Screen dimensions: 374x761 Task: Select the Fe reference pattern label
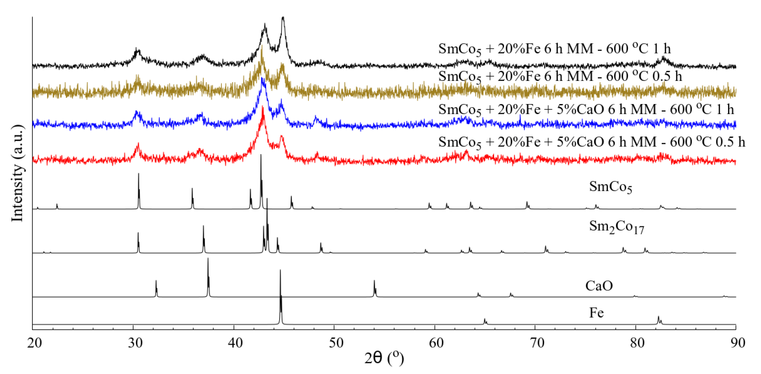(x=596, y=313)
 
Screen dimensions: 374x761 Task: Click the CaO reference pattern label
(x=599, y=286)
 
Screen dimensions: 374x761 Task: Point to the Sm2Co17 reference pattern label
(x=616, y=227)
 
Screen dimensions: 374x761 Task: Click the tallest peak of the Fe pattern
(x=280, y=270)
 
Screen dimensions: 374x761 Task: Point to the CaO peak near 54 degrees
(x=374, y=281)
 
